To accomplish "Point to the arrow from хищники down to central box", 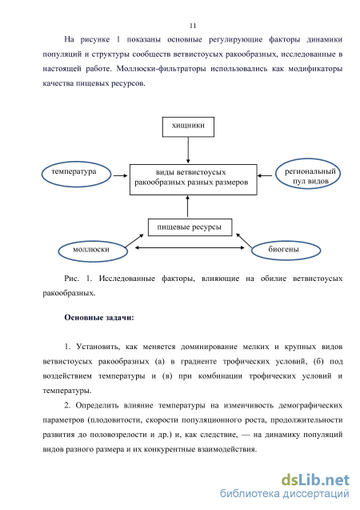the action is pyautogui.click(x=188, y=151).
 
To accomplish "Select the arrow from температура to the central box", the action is pyautogui.click(x=120, y=175).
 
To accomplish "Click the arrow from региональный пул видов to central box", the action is pyautogui.click(x=265, y=175).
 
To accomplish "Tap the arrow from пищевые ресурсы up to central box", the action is pyautogui.click(x=187, y=207).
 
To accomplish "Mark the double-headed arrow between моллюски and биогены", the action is pyautogui.click(x=190, y=248).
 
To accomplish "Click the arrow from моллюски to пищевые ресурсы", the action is pyautogui.click(x=134, y=241).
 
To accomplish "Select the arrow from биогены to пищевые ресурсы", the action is pyautogui.click(x=244, y=241).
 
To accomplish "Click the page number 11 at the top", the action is pyautogui.click(x=193, y=26).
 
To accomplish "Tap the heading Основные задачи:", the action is pyautogui.click(x=99, y=317).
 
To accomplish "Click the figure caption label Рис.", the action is pyautogui.click(x=71, y=279).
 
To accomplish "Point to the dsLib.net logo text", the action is pyautogui.click(x=315, y=480).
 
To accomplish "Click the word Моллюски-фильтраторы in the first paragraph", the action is pyautogui.click(x=161, y=69).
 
